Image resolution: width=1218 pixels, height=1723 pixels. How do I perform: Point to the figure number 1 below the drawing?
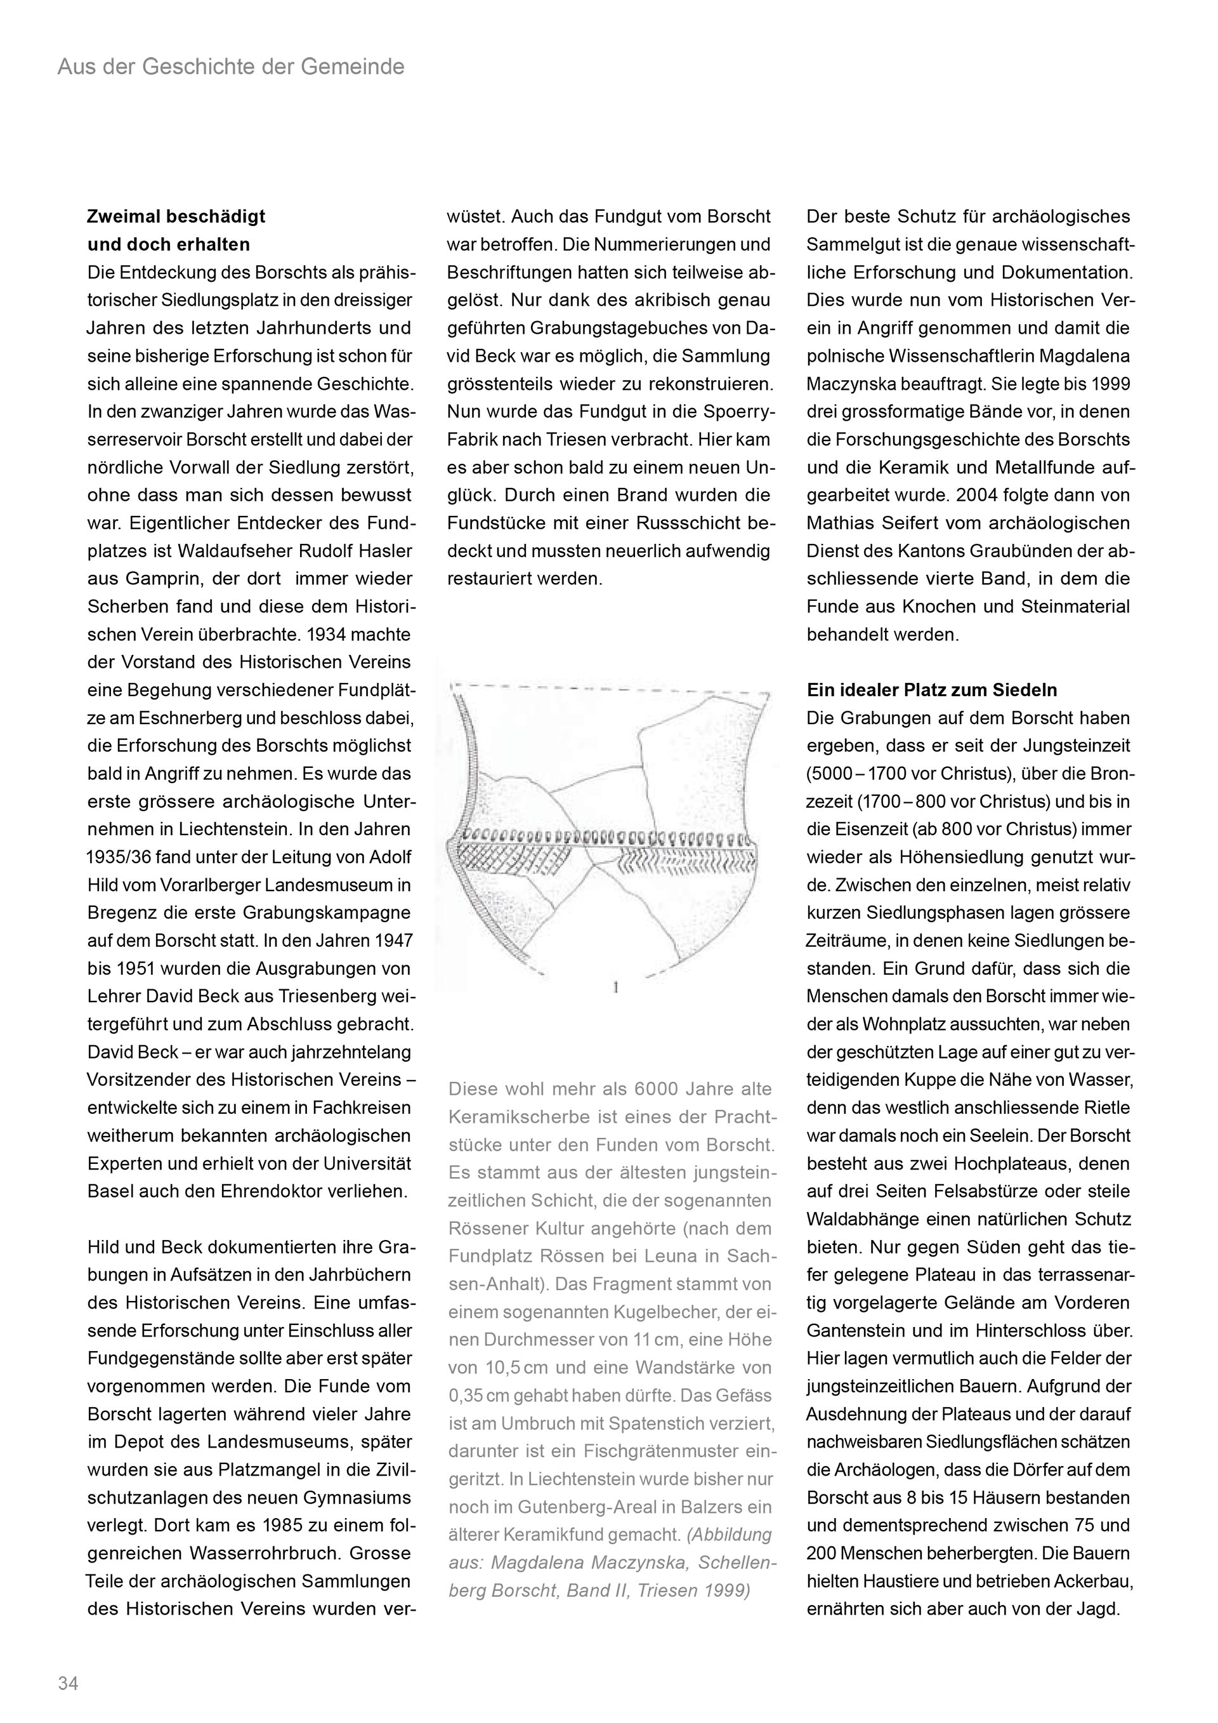pos(615,988)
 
